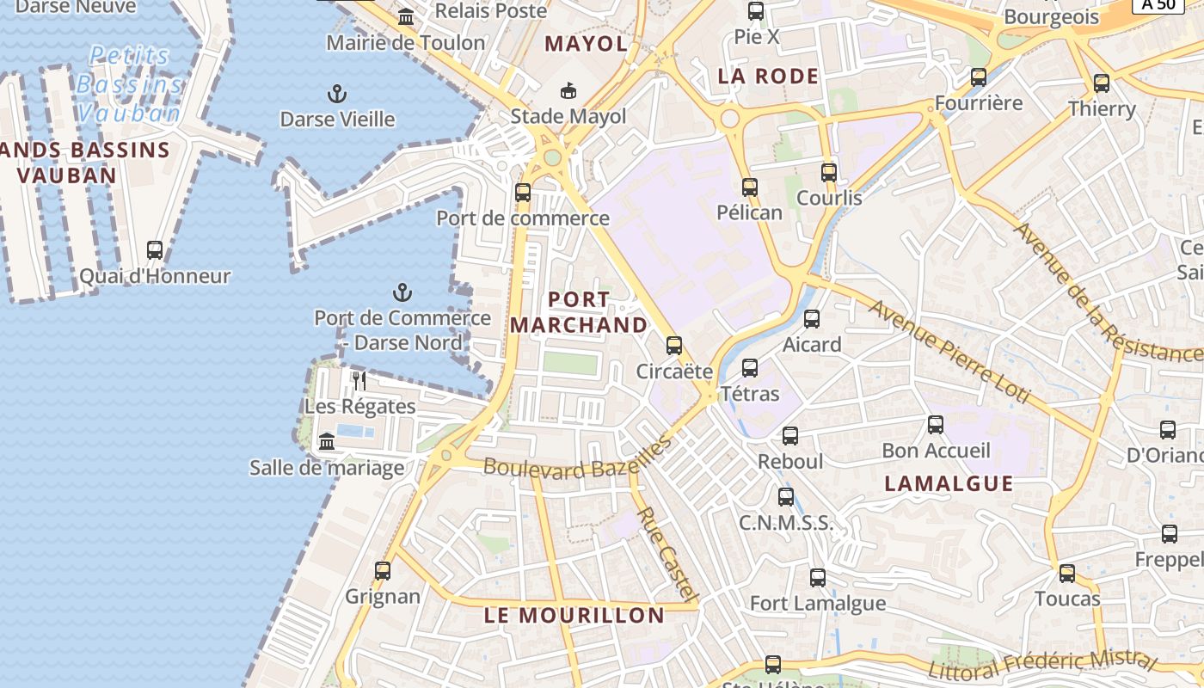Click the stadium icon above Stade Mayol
568,90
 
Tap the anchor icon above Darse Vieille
338,93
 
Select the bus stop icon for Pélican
750,187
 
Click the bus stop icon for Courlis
829,172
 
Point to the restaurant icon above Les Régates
359,380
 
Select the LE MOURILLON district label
574,616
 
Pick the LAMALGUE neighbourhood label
949,483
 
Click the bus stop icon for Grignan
383,570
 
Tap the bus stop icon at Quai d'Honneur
155,250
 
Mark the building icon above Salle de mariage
327,442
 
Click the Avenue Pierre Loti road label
948,352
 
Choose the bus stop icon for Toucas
1067,573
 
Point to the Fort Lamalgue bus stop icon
818,577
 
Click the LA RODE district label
768,77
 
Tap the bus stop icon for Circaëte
674,346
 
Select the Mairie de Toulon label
406,42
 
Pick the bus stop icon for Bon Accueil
936,424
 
